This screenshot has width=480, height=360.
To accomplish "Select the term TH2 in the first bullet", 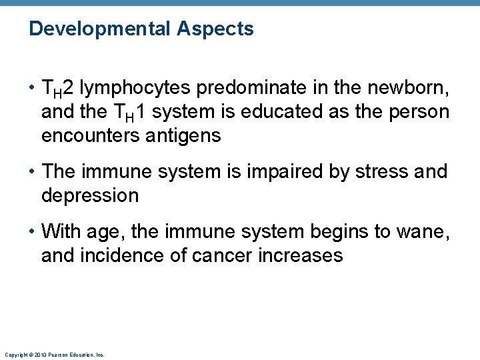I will pyautogui.click(x=59, y=87).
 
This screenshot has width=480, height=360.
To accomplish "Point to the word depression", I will pyautogui.click(x=90, y=196).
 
